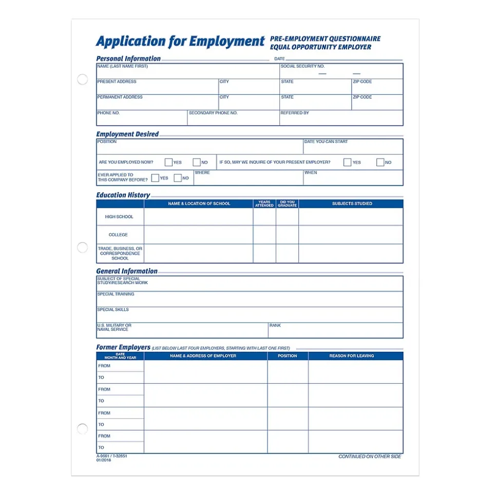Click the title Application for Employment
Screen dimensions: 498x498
[180, 42]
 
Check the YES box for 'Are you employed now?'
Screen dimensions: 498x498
[168, 162]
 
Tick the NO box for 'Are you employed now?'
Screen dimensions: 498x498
[197, 162]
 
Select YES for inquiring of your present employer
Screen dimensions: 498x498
[348, 162]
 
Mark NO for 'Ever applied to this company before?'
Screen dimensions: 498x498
[178, 178]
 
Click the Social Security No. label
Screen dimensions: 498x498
[302, 66]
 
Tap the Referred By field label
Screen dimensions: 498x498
[295, 113]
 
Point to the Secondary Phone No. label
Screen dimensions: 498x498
[213, 113]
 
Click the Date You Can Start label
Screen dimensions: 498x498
[326, 142]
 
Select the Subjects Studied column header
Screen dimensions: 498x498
[352, 204]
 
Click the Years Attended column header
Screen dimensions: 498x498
[264, 204]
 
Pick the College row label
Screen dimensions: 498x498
[118, 235]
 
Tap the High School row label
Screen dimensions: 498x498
[119, 217]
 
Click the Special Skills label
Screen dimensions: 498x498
[113, 310]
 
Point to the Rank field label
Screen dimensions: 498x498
[275, 325]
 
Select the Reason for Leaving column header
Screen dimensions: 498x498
[352, 356]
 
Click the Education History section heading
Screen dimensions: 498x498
[123, 195]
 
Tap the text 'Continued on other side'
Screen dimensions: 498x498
[370, 456]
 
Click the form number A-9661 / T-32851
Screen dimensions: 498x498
[111, 455]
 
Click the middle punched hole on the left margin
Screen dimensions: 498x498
[82, 248]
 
